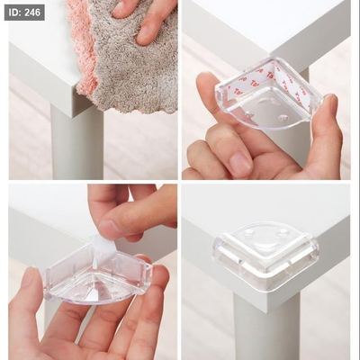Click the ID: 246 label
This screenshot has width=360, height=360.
point(24,13)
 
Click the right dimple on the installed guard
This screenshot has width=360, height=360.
point(282,233)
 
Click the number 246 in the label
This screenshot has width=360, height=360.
point(32,13)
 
